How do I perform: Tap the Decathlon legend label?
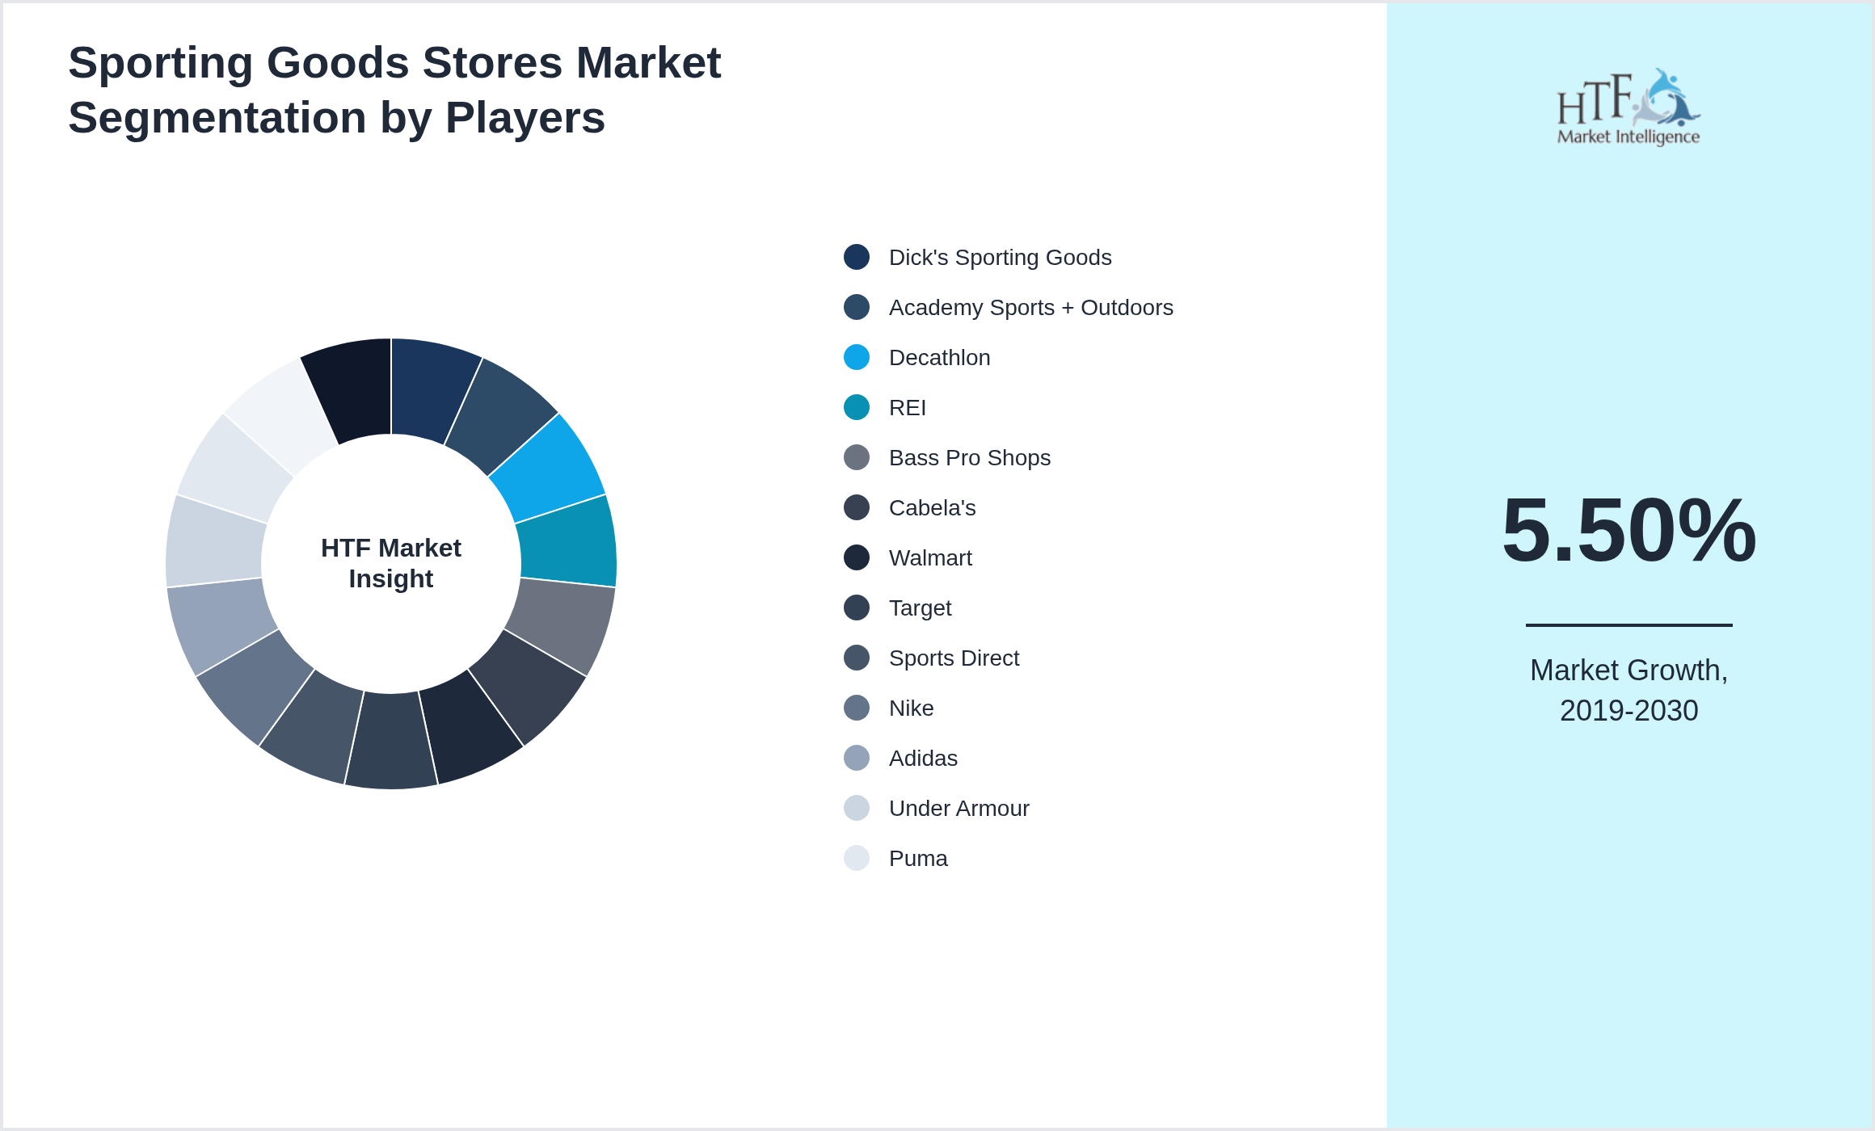click(939, 357)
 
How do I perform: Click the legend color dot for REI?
click(857, 407)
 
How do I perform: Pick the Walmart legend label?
click(930, 557)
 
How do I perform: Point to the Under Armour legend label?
click(959, 808)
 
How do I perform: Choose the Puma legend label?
click(918, 858)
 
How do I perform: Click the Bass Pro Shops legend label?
click(969, 457)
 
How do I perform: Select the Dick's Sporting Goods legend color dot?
click(857, 257)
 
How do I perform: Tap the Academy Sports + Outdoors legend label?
click(1030, 307)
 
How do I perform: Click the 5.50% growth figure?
click(1629, 530)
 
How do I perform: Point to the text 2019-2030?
click(1629, 711)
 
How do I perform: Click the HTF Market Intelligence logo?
click(1629, 107)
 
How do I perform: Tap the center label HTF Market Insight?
click(391, 563)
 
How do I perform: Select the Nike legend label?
click(911, 708)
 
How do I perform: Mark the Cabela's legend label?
click(932, 507)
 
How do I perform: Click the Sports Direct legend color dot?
click(857, 658)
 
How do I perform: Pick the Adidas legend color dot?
click(857, 758)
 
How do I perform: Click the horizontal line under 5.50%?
click(1629, 624)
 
